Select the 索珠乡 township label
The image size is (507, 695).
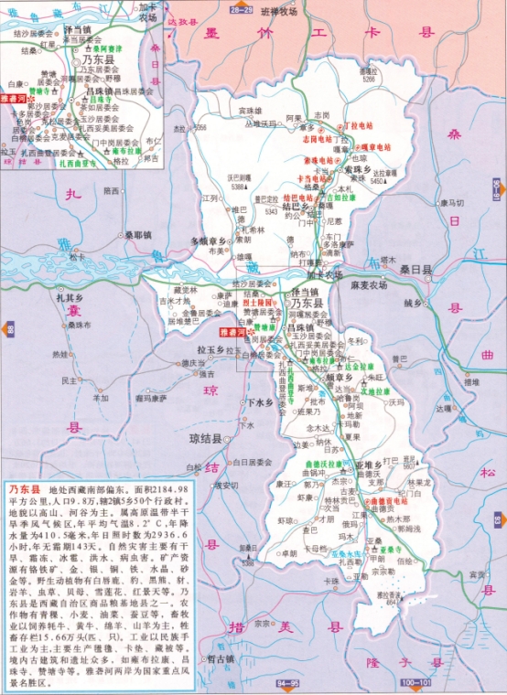click(358, 169)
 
